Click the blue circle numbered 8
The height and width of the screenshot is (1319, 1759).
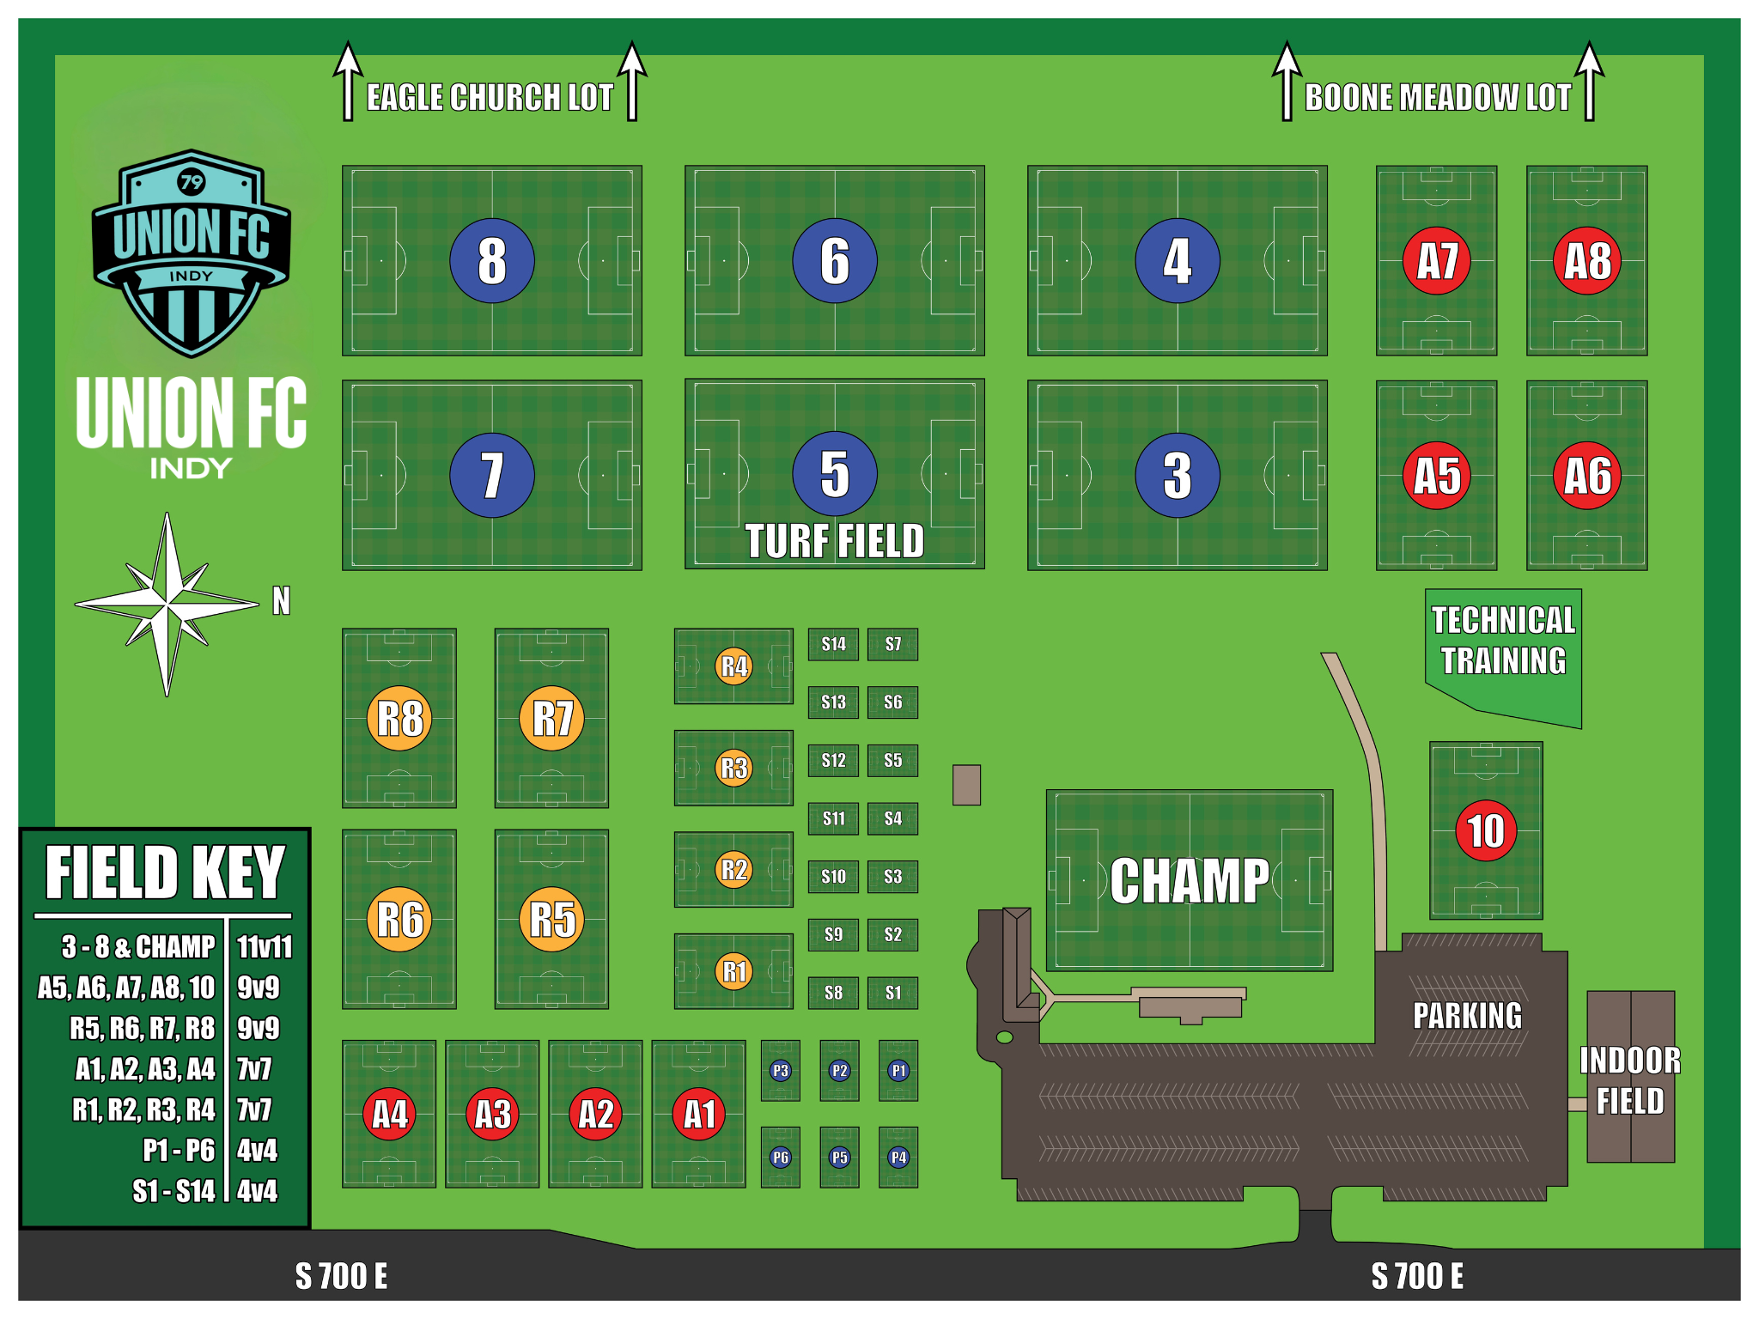(492, 260)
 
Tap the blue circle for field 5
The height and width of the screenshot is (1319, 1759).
(835, 473)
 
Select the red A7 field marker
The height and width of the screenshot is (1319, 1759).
(1437, 260)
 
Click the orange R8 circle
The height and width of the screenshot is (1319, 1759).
(399, 718)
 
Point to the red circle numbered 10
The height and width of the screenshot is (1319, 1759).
(1486, 830)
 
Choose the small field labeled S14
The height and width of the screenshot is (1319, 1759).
(833, 644)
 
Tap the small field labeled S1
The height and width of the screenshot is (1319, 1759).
(893, 993)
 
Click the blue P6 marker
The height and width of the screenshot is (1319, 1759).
(780, 1157)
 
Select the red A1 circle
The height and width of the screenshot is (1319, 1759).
(699, 1114)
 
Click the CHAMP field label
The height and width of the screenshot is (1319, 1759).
(1190, 881)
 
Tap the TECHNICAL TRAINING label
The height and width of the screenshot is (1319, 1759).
(1503, 641)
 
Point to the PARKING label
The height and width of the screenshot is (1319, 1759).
(1467, 1016)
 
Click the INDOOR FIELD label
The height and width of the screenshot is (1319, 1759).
(1630, 1080)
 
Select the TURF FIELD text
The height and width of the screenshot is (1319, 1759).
(835, 541)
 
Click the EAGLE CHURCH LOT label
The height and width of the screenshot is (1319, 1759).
(490, 98)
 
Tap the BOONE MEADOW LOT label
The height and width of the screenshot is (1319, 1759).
(1438, 98)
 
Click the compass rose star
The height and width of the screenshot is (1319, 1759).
(167, 604)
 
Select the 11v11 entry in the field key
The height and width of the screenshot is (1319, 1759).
(265, 946)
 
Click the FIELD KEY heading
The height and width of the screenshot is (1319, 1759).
(165, 872)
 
